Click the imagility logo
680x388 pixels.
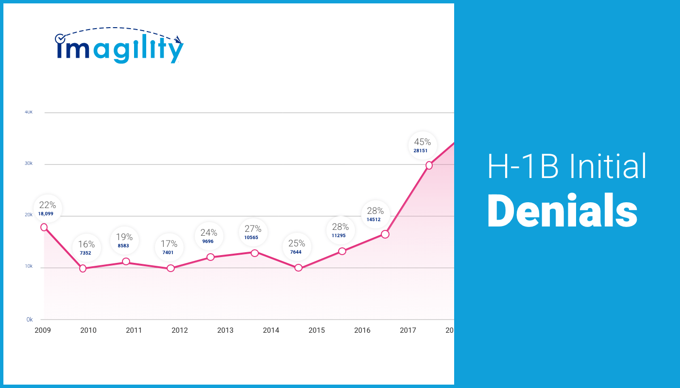click(x=119, y=46)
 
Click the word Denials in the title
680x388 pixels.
click(x=562, y=212)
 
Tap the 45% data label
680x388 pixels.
click(x=422, y=142)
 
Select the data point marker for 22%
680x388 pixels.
click(x=44, y=227)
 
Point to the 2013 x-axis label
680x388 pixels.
click(x=225, y=330)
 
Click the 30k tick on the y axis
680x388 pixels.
click(x=29, y=163)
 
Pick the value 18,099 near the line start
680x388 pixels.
click(x=46, y=214)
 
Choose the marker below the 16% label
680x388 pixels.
click(x=83, y=268)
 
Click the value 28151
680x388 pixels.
click(x=421, y=151)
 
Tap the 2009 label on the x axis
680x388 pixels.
click(x=42, y=330)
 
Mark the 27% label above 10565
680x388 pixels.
click(x=253, y=229)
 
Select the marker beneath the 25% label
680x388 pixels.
click(x=298, y=268)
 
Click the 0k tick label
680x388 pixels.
click(x=29, y=320)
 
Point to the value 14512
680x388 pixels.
click(x=374, y=220)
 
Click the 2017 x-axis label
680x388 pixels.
click(x=408, y=330)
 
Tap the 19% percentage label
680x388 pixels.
click(x=124, y=237)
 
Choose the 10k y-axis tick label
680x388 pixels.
click(x=29, y=267)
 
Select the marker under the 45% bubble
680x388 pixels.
click(x=429, y=165)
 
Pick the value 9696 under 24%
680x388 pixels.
click(x=207, y=242)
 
